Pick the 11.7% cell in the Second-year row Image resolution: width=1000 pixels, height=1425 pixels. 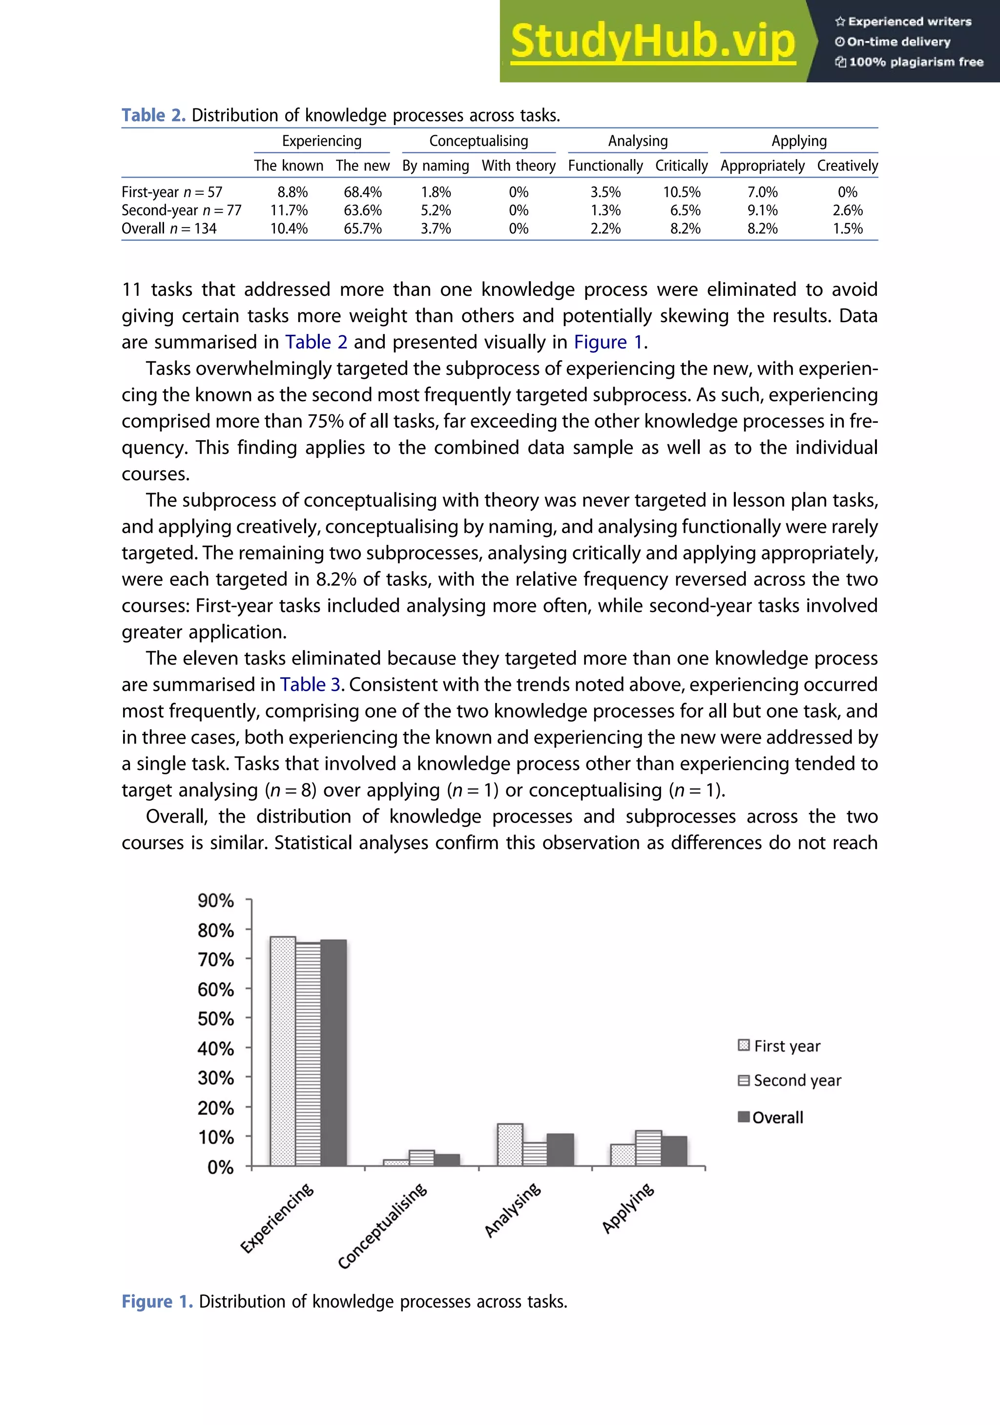pos(289,210)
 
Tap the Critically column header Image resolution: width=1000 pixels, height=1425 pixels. pos(681,165)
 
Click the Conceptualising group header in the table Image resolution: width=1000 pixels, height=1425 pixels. pos(479,141)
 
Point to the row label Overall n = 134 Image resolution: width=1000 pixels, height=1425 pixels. pos(169,229)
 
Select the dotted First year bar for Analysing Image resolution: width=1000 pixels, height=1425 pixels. pos(510,1145)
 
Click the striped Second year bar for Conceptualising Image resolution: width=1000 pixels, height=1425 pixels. pos(421,1158)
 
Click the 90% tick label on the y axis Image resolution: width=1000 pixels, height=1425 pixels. pos(215,901)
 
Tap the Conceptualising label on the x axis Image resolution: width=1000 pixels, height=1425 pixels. pos(382,1226)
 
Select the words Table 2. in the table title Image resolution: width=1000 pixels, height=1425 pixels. pos(153,115)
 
